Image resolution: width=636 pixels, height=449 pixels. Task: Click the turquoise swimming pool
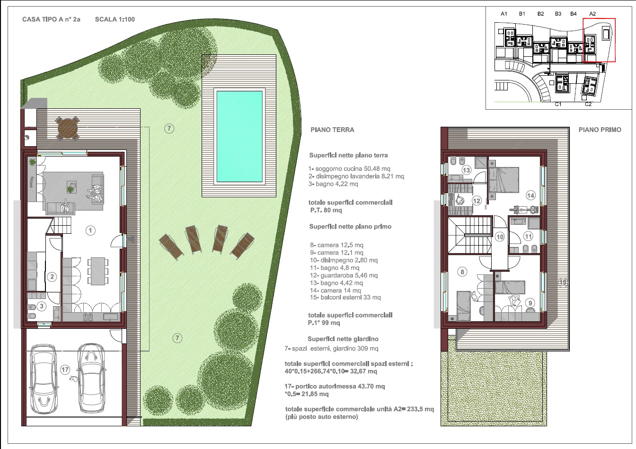(x=239, y=136)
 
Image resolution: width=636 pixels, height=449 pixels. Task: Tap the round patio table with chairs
(x=68, y=128)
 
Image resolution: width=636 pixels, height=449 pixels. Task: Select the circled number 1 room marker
(x=90, y=230)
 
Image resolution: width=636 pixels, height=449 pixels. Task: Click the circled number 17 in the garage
(x=65, y=369)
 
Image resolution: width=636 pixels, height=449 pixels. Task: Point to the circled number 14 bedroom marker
(x=530, y=195)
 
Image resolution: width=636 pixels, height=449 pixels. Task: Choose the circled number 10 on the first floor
(x=499, y=237)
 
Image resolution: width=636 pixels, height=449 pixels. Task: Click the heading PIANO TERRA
(x=332, y=130)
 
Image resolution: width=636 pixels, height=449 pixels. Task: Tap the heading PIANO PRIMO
(x=600, y=130)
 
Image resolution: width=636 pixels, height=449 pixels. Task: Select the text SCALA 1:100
(x=115, y=19)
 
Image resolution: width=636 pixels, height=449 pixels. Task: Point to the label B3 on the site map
(x=558, y=14)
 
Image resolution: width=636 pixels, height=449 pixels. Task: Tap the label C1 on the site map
(x=558, y=104)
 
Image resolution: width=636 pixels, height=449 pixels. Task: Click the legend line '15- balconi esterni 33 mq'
(x=345, y=298)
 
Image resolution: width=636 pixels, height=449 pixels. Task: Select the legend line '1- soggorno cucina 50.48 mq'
(x=349, y=169)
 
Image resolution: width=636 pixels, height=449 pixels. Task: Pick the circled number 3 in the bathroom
(x=42, y=306)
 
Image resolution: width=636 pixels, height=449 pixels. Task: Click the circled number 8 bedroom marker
(x=462, y=272)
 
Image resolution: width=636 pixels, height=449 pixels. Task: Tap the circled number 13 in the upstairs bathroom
(x=466, y=170)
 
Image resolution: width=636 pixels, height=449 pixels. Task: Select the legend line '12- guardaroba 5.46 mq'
(x=344, y=275)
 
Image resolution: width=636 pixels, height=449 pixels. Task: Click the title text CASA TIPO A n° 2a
(x=51, y=19)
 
